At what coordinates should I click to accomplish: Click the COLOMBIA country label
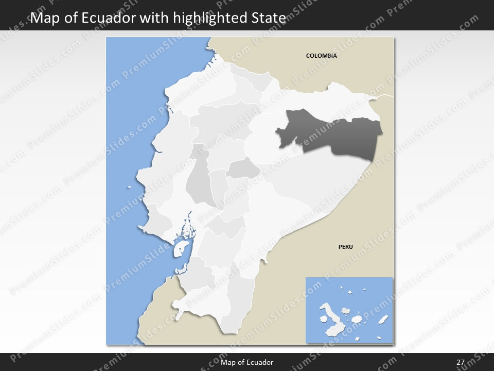[x=321, y=56]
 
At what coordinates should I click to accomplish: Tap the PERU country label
[x=345, y=247]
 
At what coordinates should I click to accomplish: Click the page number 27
[x=460, y=362]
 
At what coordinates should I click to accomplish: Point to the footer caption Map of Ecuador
[x=246, y=362]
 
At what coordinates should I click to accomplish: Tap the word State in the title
[x=267, y=18]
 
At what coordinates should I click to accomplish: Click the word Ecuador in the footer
[x=260, y=362]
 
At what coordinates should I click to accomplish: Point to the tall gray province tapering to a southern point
[x=200, y=183]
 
